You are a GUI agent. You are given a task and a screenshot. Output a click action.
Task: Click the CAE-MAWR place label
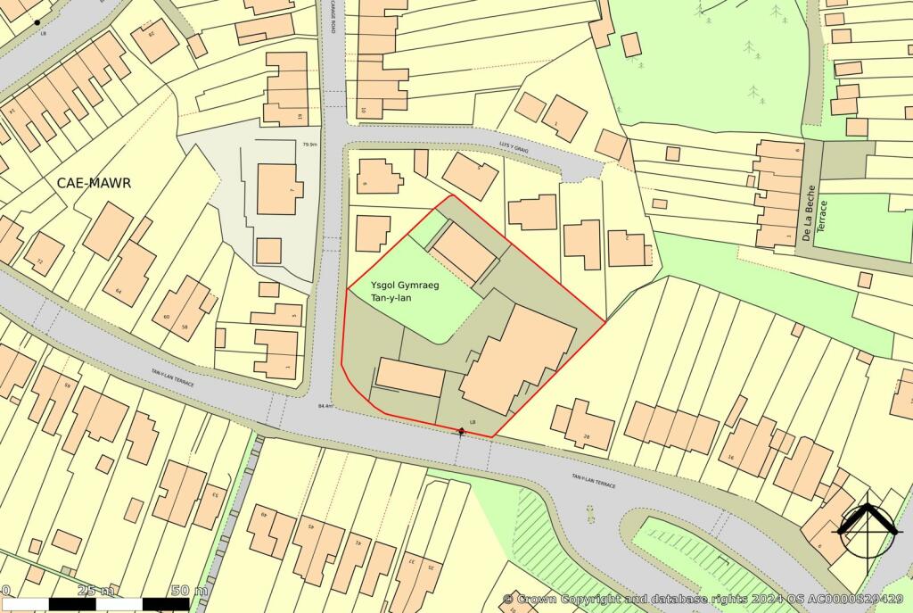pos(94,183)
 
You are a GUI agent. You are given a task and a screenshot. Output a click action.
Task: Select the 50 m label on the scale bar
pos(188,591)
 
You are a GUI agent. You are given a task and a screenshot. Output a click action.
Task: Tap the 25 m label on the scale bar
pos(95,591)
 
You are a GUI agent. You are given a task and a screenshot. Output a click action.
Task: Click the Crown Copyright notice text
pos(704,599)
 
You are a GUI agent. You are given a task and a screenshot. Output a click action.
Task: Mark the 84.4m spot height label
pos(325,407)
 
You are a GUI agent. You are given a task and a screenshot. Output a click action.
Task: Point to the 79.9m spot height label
pos(310,144)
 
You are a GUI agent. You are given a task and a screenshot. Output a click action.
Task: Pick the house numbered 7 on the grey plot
pos(279,188)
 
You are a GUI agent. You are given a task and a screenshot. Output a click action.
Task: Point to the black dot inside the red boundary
pos(461,432)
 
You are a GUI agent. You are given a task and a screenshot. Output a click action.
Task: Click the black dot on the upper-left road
pos(37,21)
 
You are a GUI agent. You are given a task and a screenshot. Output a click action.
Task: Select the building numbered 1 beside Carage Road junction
pos(276,353)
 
